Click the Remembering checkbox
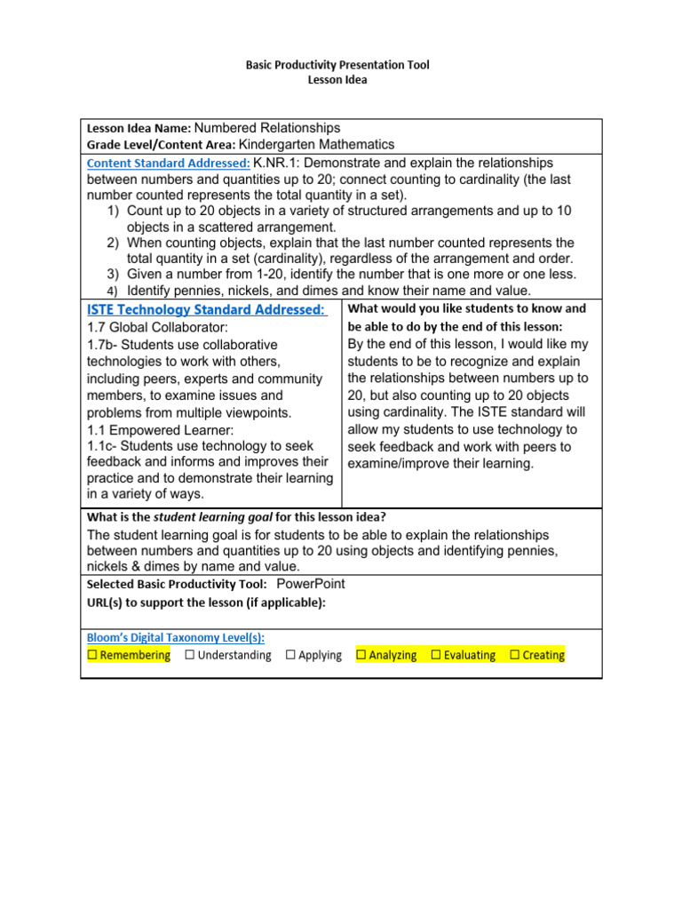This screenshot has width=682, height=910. tap(92, 655)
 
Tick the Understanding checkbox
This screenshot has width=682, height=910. tap(190, 655)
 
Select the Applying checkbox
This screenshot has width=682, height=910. tap(290, 655)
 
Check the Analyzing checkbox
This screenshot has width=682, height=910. tap(361, 655)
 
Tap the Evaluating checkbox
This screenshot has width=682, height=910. tap(436, 655)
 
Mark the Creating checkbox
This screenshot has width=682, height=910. tap(515, 655)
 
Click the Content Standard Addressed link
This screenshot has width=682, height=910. tap(169, 164)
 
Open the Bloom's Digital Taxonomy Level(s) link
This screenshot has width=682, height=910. tap(176, 637)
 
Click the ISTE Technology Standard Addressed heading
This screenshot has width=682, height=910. tap(206, 309)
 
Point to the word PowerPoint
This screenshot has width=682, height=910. tap(311, 584)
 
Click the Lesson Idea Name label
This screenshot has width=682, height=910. tap(139, 129)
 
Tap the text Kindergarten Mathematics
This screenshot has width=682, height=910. tap(317, 144)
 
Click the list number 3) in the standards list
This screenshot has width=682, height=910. tap(113, 274)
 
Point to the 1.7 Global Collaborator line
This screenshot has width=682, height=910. tap(157, 327)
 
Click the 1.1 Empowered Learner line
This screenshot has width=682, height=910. tap(161, 430)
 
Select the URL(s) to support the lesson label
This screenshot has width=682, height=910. tap(206, 602)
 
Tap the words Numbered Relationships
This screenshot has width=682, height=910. tap(266, 128)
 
